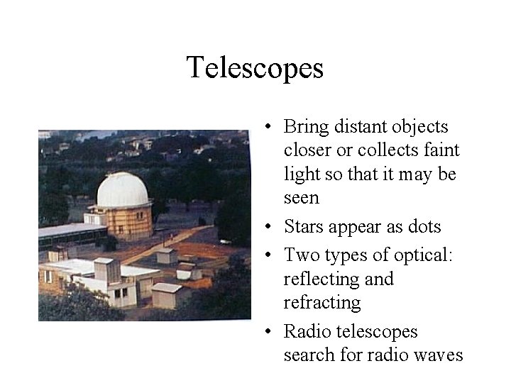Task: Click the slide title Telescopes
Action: tap(255, 68)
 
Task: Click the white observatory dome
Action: tap(123, 189)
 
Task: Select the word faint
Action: tap(440, 150)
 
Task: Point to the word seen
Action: tap(302, 198)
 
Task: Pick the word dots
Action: tap(424, 227)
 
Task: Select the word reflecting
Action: tap(328, 279)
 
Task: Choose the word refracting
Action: tap(322, 303)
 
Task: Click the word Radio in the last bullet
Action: tap(307, 332)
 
